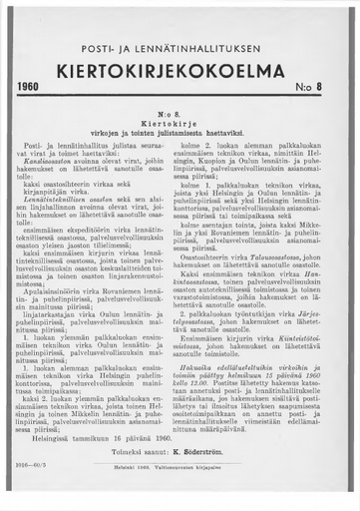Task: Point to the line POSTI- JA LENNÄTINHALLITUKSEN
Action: point(180,49)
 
